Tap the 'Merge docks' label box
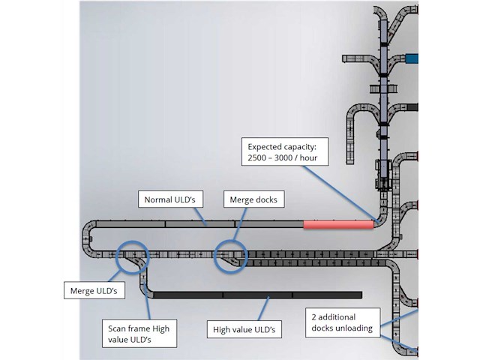(250, 199)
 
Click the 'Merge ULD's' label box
(93, 289)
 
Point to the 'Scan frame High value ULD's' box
(139, 333)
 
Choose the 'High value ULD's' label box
(244, 329)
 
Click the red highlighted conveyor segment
(338, 223)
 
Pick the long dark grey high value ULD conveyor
(255, 295)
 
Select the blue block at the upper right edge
(412, 58)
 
